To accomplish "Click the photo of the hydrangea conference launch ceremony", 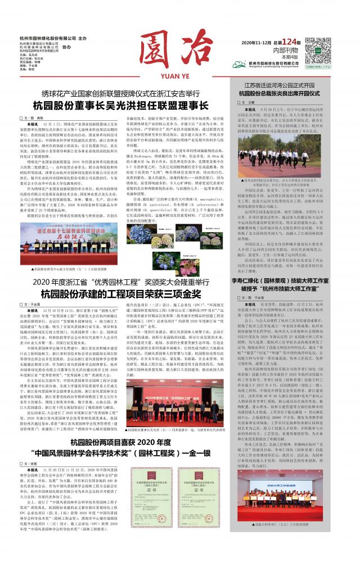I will tap(78, 241).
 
